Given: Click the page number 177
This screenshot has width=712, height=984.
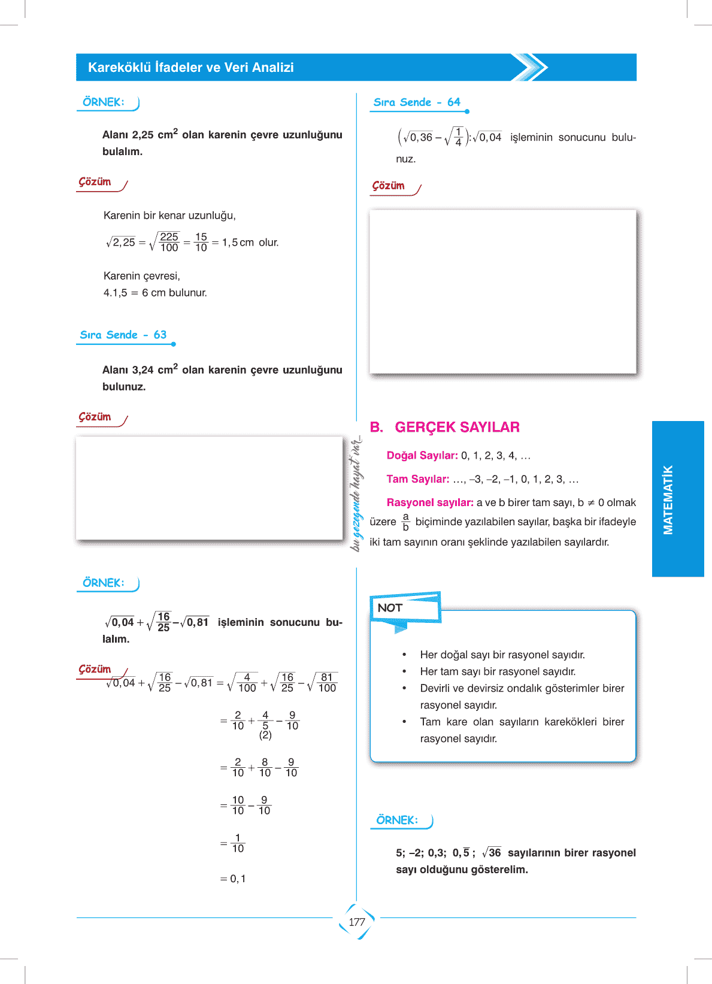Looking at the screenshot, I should coord(357,922).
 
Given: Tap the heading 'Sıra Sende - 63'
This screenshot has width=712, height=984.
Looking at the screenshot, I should coord(123,335).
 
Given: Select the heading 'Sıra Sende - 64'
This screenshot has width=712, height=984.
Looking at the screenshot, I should coord(417,102).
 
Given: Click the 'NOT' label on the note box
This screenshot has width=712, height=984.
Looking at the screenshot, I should coord(390,608).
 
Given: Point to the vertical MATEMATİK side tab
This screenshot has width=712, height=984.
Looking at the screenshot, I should coord(668,499).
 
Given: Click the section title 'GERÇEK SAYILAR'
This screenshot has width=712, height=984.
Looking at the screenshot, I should coord(457,427).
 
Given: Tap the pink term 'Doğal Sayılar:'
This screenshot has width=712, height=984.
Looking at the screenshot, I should coord(422,456).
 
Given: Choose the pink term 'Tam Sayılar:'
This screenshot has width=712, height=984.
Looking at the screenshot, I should coord(418,479).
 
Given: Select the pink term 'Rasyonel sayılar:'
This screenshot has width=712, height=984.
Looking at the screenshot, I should coord(430,502).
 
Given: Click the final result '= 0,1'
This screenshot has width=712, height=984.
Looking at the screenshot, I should coord(234,879).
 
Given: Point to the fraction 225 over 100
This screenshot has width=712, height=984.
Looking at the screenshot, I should coord(169,242).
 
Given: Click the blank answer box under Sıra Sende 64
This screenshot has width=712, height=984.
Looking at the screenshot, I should coord(502,292).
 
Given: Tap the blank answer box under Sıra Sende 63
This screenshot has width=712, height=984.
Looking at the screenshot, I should coord(209,488).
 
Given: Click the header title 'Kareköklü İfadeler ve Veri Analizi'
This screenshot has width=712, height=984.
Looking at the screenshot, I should coord(191,68).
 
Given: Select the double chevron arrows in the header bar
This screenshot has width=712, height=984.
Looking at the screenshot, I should coord(530,67).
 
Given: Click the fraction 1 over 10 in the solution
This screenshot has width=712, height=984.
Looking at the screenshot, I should coord(238,843).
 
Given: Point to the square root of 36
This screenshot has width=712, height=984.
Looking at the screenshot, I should coord(492,852).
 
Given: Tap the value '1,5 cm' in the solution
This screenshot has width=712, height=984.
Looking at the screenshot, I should coord(238,243).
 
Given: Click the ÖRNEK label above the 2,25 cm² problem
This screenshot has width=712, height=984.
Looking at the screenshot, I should coord(104,102).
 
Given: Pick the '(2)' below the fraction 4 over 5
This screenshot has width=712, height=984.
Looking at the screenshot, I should coord(265,735).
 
